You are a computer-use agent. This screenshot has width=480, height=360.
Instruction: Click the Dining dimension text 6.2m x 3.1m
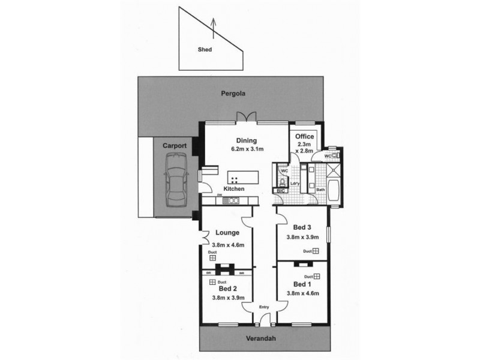pos(247,149)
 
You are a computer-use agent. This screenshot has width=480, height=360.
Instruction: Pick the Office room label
pos(304,136)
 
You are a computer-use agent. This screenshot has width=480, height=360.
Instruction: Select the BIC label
pos(280,191)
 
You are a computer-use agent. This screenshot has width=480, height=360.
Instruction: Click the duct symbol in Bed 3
pos(315,251)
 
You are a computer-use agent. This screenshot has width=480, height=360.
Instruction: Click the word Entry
pos(263,308)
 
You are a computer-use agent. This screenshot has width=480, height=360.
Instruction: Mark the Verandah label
pos(264,339)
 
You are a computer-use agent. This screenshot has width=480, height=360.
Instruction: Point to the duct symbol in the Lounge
pos(212,257)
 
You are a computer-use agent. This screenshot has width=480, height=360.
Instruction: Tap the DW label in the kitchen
pos(220,195)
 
